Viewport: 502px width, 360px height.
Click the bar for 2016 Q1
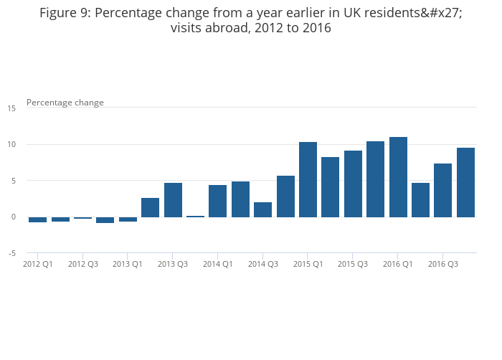click(398, 177)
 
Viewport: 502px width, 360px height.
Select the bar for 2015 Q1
click(308, 179)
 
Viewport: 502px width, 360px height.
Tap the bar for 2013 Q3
click(173, 200)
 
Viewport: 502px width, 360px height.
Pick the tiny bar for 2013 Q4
click(195, 216)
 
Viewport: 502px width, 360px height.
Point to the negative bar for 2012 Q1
click(37, 219)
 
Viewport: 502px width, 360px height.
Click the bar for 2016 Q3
click(443, 190)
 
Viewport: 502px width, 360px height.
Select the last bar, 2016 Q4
click(465, 182)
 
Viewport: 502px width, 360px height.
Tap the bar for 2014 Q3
click(263, 209)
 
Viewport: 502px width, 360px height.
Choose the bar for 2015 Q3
click(353, 184)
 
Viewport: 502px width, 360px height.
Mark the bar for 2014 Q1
click(218, 201)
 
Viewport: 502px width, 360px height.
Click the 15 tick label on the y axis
click(11, 108)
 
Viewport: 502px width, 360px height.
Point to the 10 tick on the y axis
click(11, 145)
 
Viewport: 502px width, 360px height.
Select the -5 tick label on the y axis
click(12, 253)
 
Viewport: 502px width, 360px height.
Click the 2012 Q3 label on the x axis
click(83, 264)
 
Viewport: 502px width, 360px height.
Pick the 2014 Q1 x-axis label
click(218, 264)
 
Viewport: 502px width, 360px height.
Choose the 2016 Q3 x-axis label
click(443, 264)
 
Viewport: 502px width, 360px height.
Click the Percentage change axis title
click(65, 103)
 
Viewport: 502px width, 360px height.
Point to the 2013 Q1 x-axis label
click(128, 264)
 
